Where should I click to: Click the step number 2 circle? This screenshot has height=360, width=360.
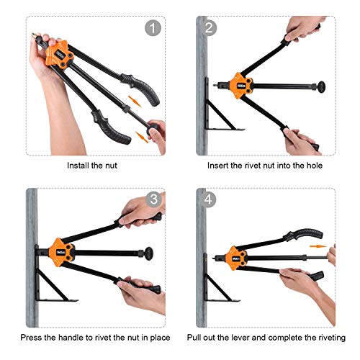point(210,28)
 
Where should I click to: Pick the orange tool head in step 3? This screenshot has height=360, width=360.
point(62,253)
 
